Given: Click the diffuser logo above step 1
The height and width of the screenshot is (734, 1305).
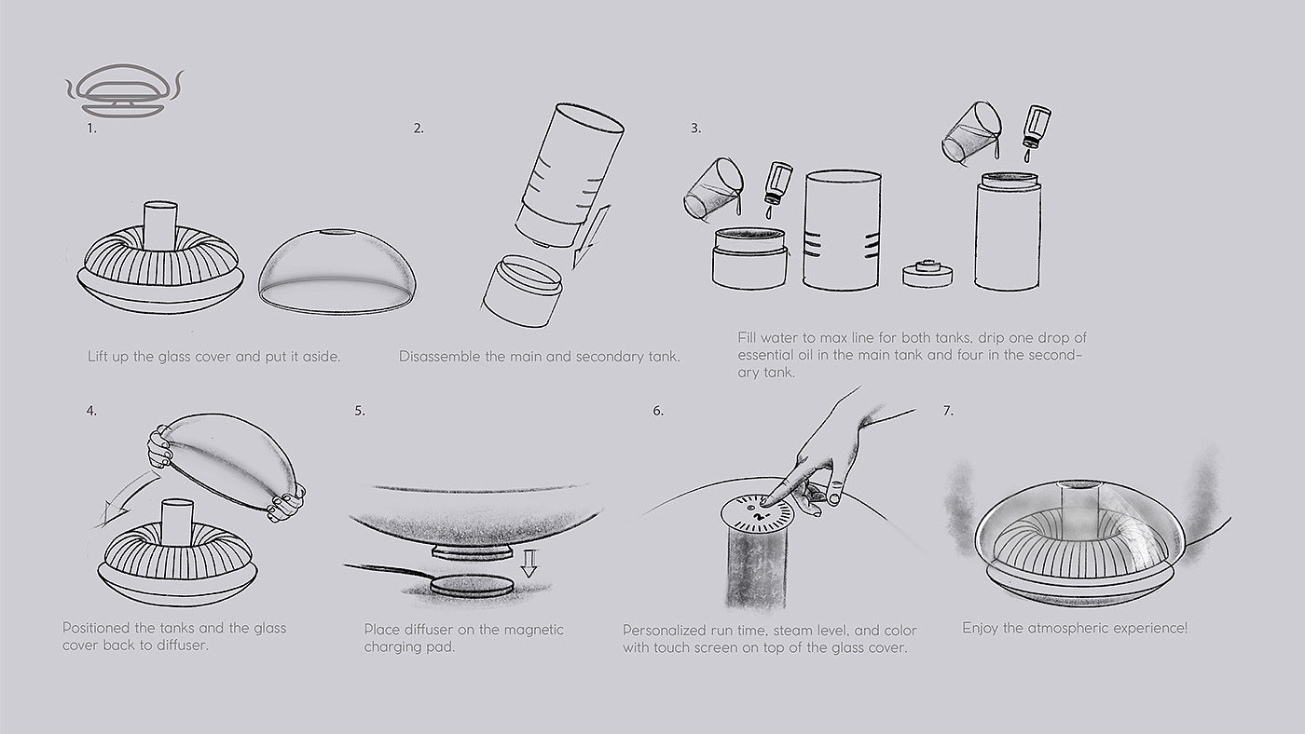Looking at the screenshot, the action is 124,90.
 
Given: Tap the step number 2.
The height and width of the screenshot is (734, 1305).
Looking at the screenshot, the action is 419,129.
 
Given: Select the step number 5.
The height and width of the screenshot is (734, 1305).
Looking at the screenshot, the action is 360,411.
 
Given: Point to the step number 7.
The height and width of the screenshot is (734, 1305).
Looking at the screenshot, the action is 948,411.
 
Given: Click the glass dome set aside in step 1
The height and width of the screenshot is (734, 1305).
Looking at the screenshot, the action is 337,271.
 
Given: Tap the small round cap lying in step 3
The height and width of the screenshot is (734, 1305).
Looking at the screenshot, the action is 927,274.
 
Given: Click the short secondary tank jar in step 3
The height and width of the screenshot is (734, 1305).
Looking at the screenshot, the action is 749,258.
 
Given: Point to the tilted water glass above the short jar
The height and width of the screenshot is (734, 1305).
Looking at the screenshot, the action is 714,188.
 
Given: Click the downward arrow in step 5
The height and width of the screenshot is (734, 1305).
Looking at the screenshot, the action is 529,563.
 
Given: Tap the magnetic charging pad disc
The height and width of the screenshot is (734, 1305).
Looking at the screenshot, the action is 472,585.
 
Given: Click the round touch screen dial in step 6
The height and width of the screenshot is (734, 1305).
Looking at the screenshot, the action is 757,513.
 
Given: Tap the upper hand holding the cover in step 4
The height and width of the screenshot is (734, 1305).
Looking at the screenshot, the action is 158,447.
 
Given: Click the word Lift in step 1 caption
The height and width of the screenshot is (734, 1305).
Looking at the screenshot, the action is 97,356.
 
